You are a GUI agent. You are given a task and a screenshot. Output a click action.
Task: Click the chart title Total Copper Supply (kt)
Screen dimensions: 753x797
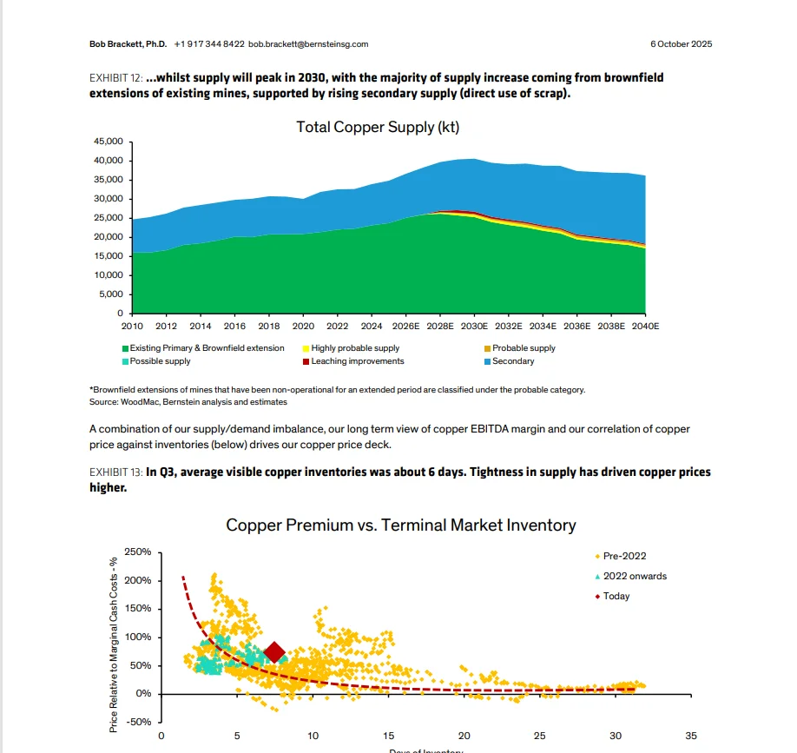tap(377, 127)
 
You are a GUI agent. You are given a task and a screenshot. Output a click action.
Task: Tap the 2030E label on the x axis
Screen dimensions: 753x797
tap(474, 327)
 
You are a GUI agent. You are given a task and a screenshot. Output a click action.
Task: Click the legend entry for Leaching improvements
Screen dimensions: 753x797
tap(357, 361)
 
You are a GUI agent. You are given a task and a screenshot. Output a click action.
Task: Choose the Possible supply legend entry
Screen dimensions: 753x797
tap(160, 361)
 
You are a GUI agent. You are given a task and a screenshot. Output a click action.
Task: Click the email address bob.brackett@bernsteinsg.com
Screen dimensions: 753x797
tap(308, 43)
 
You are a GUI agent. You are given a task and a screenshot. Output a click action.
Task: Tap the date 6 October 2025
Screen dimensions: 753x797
tap(682, 43)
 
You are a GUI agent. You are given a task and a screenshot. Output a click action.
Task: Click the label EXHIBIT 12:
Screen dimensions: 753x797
tap(116, 78)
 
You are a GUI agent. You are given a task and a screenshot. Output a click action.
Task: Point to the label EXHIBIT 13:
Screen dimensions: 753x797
tap(116, 473)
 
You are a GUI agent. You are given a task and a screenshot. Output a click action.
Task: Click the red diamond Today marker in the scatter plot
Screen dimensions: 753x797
tap(275, 652)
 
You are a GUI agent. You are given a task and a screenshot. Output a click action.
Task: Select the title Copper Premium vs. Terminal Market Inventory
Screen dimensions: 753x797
tap(400, 525)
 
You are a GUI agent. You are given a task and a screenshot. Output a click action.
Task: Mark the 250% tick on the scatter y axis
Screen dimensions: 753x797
tap(138, 552)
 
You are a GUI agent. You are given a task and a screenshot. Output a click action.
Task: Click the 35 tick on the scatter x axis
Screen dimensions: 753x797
tap(691, 736)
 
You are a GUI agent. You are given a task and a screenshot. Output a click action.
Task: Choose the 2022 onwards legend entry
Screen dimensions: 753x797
tap(635, 576)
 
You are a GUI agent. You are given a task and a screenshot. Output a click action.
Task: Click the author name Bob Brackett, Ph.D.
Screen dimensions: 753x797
tap(128, 43)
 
